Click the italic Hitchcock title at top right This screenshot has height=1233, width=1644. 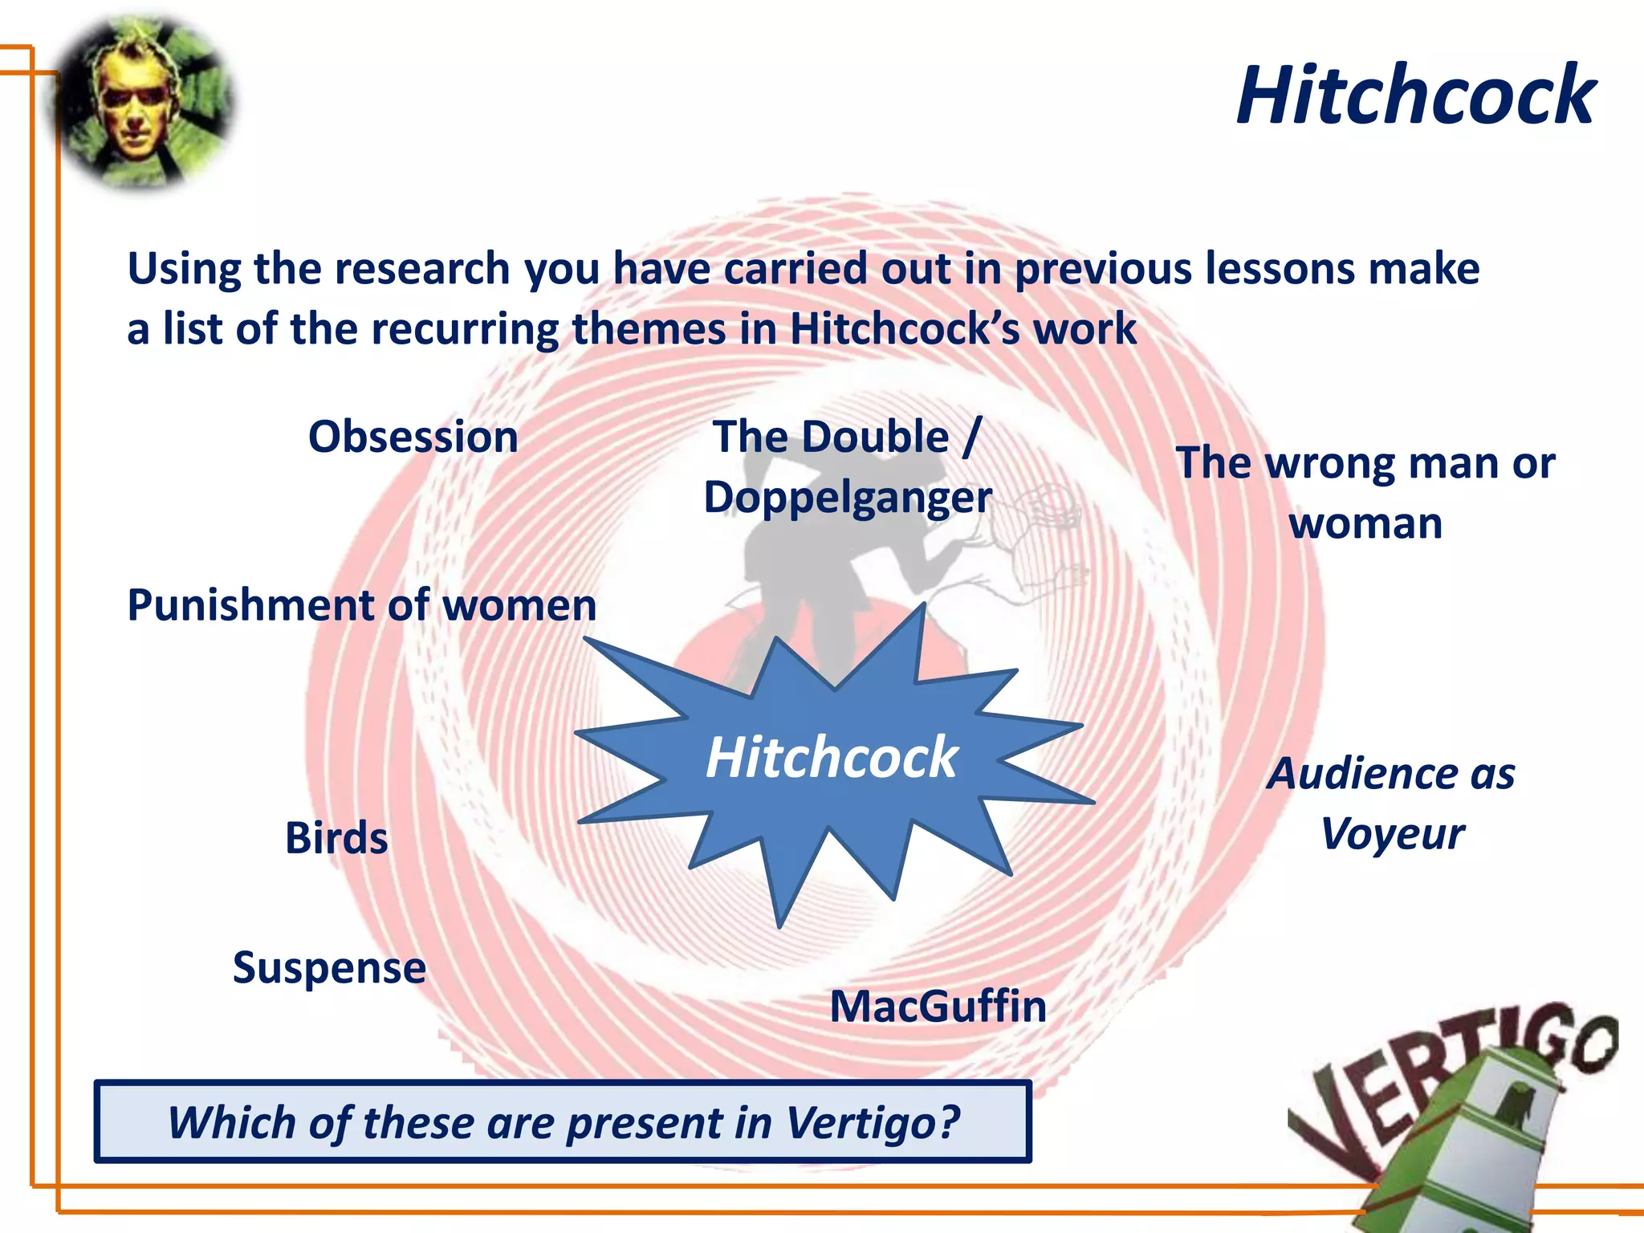(x=1416, y=96)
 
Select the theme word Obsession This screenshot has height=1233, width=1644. (x=413, y=437)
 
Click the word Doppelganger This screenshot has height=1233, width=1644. (x=848, y=498)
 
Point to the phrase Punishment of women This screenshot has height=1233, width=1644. (x=362, y=605)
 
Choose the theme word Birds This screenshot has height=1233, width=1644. (x=336, y=838)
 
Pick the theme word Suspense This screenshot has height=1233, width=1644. (x=329, y=967)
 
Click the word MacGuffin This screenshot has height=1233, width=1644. (x=938, y=1007)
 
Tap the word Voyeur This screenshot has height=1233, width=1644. (x=1392, y=834)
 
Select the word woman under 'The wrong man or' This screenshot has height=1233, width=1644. (x=1365, y=524)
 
